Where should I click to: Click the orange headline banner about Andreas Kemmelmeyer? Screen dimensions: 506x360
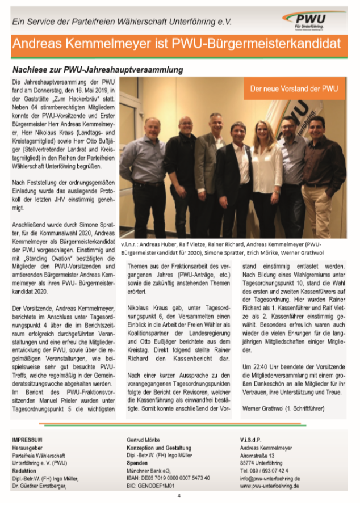tap(179, 44)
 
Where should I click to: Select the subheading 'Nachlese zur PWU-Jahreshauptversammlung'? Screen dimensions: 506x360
tap(97, 70)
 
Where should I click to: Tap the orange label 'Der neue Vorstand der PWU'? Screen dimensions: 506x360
tap(294, 89)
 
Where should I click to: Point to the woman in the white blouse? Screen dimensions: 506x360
tap(266, 170)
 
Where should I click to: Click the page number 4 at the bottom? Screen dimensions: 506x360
tap(179, 495)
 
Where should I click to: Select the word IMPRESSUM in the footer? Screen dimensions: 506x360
tap(26, 440)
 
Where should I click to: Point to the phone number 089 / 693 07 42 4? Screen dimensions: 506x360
tap(264, 470)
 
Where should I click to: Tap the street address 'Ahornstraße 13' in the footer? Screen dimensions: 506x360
tap(259, 455)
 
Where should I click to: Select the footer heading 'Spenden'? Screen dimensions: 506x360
tap(137, 463)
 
